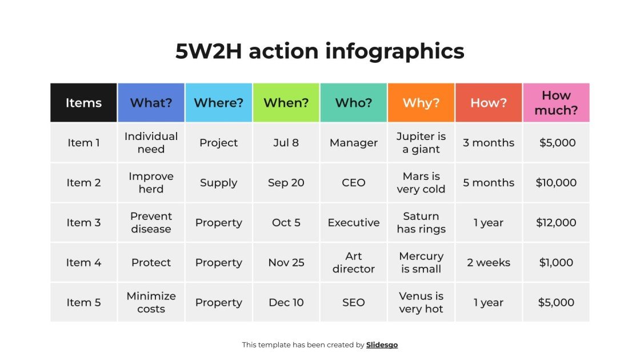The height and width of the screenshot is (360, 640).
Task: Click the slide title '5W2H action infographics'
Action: point(319,51)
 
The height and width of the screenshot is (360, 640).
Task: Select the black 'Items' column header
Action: point(83,103)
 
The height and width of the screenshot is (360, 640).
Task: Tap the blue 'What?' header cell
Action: point(151,103)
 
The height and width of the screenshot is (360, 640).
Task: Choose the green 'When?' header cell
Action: point(286,103)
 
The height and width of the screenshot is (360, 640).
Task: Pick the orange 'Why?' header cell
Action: point(421,103)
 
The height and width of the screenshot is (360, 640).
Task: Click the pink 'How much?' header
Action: point(556,103)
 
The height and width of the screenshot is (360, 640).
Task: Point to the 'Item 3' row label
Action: point(83,222)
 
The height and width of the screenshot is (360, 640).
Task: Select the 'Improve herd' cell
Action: point(151,183)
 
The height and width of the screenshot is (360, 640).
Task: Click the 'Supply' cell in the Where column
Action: point(218,183)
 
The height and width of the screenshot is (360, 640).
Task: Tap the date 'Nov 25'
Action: point(286,262)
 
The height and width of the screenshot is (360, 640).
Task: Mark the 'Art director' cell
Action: point(354,262)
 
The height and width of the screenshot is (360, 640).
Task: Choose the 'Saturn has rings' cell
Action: point(421,222)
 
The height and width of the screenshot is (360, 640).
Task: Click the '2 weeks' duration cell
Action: point(489,262)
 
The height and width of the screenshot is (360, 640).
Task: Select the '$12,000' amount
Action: point(556,222)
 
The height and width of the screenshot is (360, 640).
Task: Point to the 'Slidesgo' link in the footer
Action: point(382,345)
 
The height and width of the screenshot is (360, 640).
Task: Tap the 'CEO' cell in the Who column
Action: point(354,183)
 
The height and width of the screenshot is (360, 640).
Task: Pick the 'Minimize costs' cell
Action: point(151,302)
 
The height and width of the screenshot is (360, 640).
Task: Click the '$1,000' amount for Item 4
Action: point(556,262)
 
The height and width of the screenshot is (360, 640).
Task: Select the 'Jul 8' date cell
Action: point(286,143)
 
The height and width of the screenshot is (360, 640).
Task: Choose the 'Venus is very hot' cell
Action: point(421,302)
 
